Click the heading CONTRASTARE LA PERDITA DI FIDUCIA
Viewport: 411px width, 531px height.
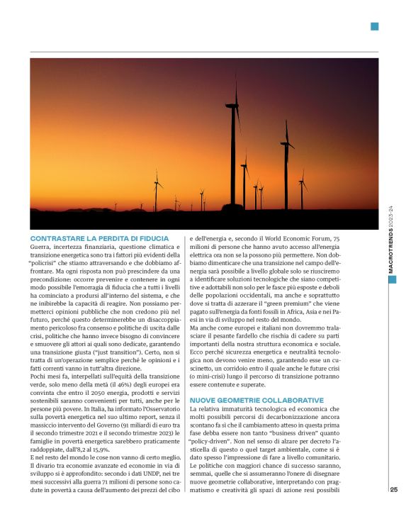click(99, 238)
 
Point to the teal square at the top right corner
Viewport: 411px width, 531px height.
click(374, 27)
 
